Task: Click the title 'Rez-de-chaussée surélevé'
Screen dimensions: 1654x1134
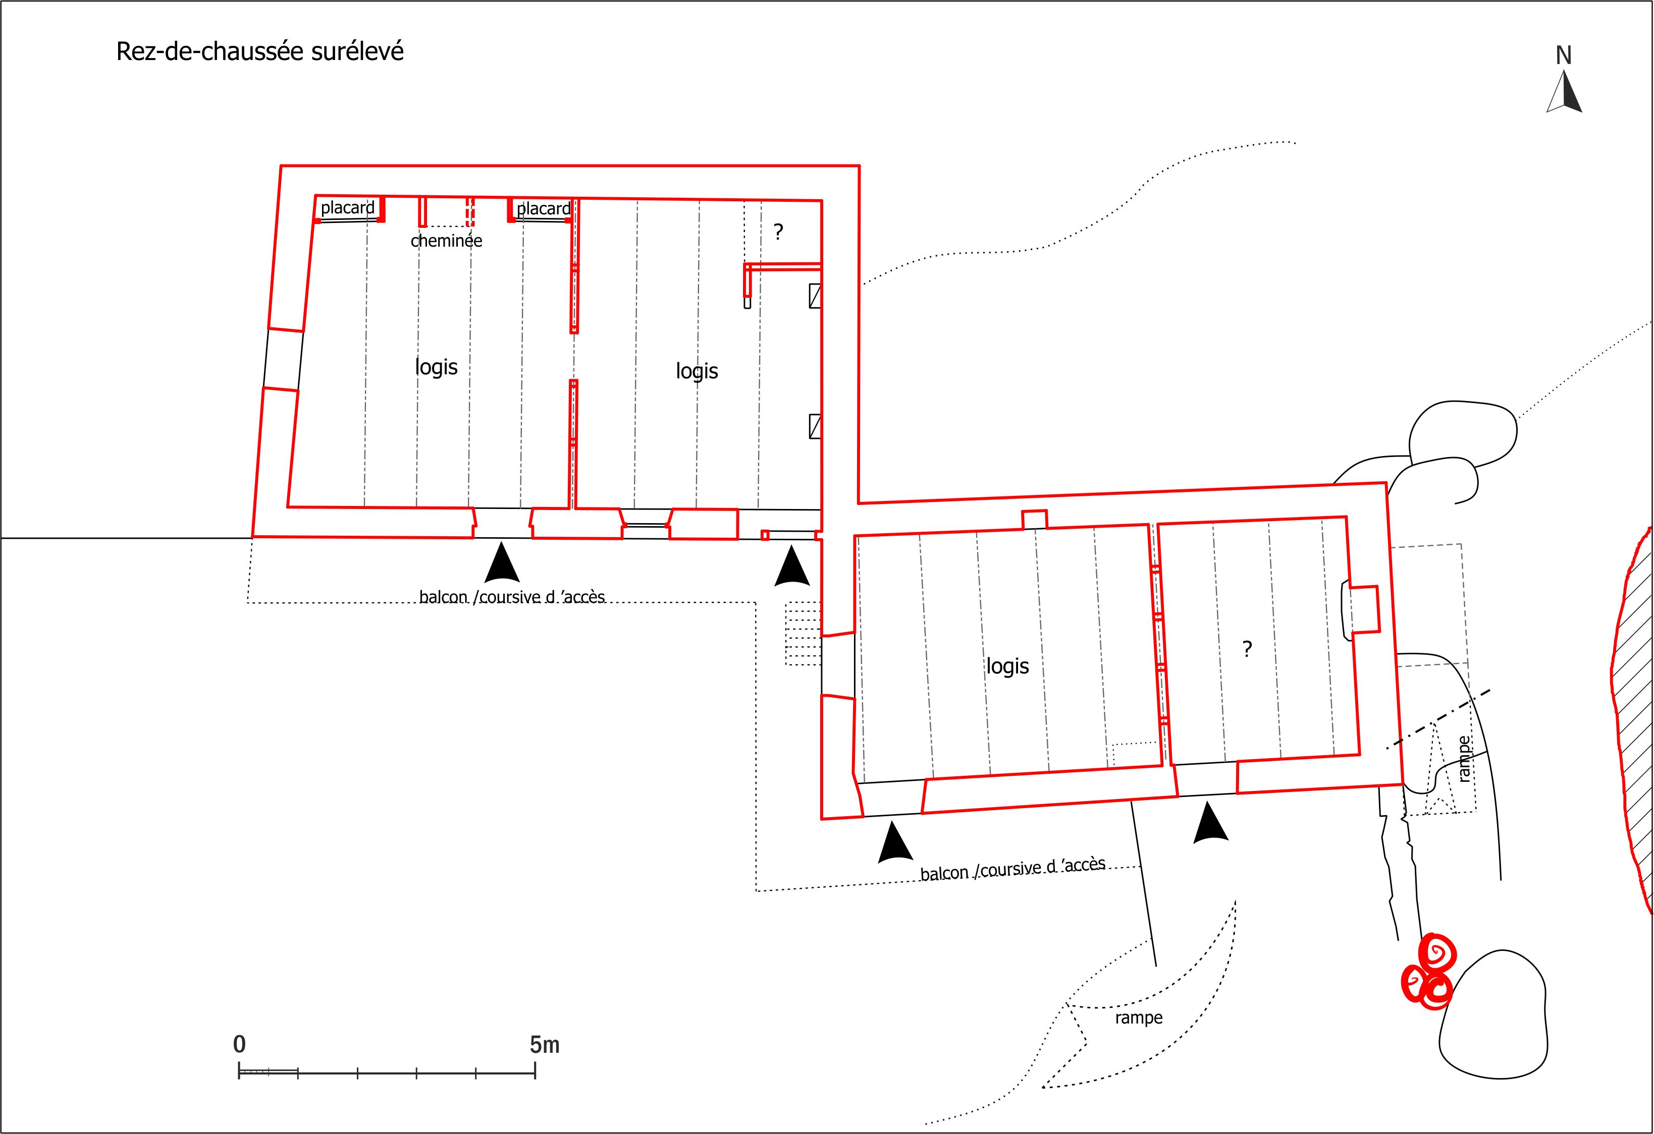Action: pos(260,52)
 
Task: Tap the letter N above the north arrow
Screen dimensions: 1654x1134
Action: pos(1563,55)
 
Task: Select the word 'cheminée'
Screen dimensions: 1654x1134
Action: pos(446,241)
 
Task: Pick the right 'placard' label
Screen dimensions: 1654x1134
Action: pos(544,208)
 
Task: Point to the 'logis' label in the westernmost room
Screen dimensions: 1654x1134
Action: pos(436,367)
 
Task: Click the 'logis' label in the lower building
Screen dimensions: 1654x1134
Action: pos(1007,666)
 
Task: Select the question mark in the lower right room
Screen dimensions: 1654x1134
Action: pos(1246,648)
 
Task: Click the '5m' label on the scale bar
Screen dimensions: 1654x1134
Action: pos(545,1044)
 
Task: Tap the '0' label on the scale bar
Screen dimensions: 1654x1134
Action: pos(239,1044)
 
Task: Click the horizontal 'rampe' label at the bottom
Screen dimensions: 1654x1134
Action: pos(1139,1018)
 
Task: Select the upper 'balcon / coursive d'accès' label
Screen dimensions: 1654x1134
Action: pos(512,596)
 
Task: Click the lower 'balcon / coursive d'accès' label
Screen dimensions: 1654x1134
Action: pos(1013,869)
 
